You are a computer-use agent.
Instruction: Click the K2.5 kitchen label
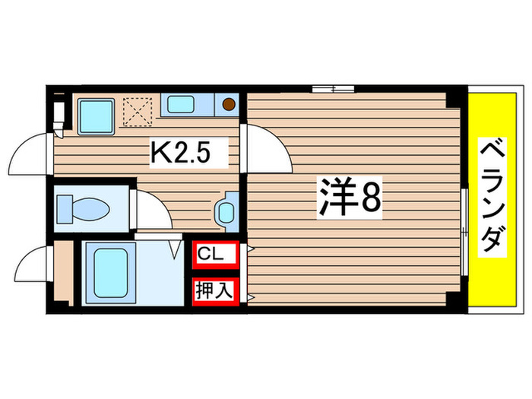point(180,156)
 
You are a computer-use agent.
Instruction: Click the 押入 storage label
point(212,290)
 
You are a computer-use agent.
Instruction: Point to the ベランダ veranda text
point(492,196)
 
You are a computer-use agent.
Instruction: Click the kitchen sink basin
point(182,105)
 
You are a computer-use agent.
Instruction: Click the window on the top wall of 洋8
point(332,89)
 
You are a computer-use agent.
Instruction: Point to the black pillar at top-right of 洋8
point(454,97)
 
